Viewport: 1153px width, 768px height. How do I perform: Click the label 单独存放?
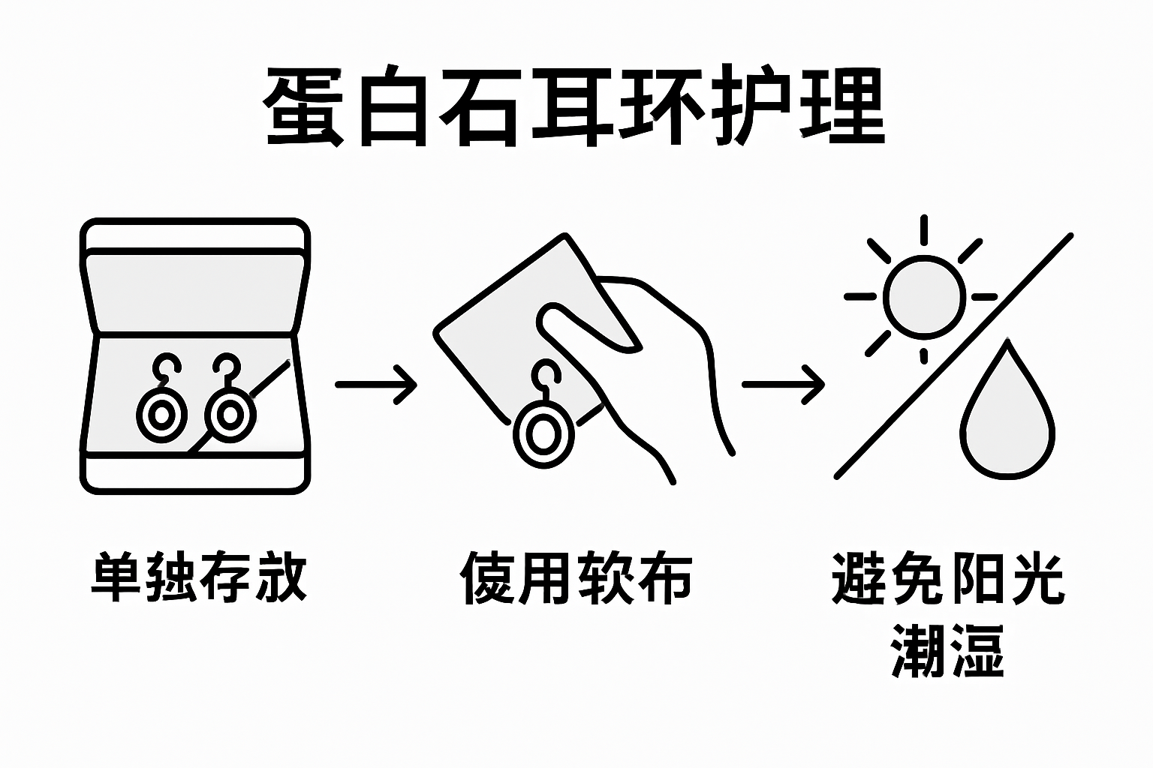pyautogui.click(x=199, y=577)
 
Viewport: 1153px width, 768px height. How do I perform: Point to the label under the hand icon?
pyautogui.click(x=576, y=578)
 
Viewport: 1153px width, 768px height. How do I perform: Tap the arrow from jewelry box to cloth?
pyautogui.click(x=375, y=384)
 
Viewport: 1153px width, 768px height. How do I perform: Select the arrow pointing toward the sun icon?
pyautogui.click(x=783, y=384)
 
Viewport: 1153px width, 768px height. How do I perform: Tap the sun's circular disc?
pyautogui.click(x=923, y=295)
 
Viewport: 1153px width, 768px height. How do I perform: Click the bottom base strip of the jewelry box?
pyautogui.click(x=194, y=473)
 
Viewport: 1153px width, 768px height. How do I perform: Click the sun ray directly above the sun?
pyautogui.click(x=923, y=229)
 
